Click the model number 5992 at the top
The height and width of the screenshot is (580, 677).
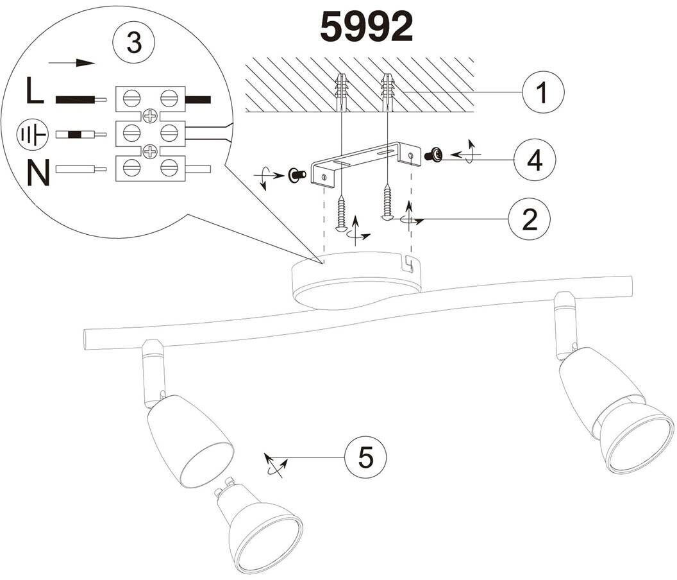(x=366, y=28)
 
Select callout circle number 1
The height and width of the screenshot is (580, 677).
(x=542, y=92)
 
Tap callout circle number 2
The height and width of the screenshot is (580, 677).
(x=529, y=219)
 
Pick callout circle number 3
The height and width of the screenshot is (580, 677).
(x=133, y=43)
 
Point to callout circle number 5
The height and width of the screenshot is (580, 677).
(x=365, y=458)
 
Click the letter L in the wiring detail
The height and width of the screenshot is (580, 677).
(x=35, y=92)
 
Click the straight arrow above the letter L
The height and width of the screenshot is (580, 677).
(x=72, y=63)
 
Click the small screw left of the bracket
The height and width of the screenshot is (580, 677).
(x=296, y=174)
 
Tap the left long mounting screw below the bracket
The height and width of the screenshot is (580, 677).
(x=342, y=213)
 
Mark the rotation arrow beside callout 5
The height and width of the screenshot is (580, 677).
(x=274, y=464)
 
